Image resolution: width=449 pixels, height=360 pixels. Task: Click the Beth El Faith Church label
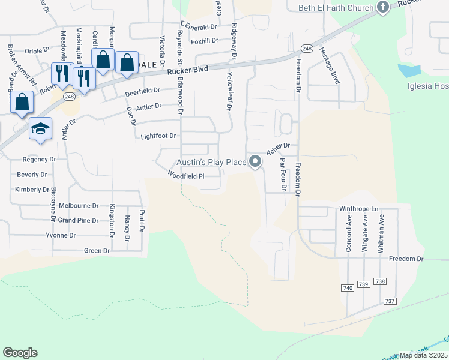(x=336, y=8)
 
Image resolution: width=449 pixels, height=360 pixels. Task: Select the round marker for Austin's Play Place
(x=255, y=161)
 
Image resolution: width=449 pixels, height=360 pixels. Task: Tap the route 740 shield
(x=347, y=288)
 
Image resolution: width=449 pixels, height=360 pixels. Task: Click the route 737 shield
(x=389, y=301)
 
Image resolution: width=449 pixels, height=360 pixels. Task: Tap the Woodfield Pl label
(x=186, y=176)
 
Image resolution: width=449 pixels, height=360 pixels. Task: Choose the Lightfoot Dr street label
(x=158, y=136)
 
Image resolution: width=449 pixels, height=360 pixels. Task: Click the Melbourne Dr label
(x=79, y=205)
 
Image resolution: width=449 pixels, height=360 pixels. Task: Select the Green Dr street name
(x=97, y=250)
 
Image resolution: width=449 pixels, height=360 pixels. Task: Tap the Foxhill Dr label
(x=203, y=41)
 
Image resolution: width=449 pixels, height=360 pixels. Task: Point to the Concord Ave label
(x=349, y=232)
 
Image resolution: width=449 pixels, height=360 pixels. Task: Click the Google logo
(x=20, y=353)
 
